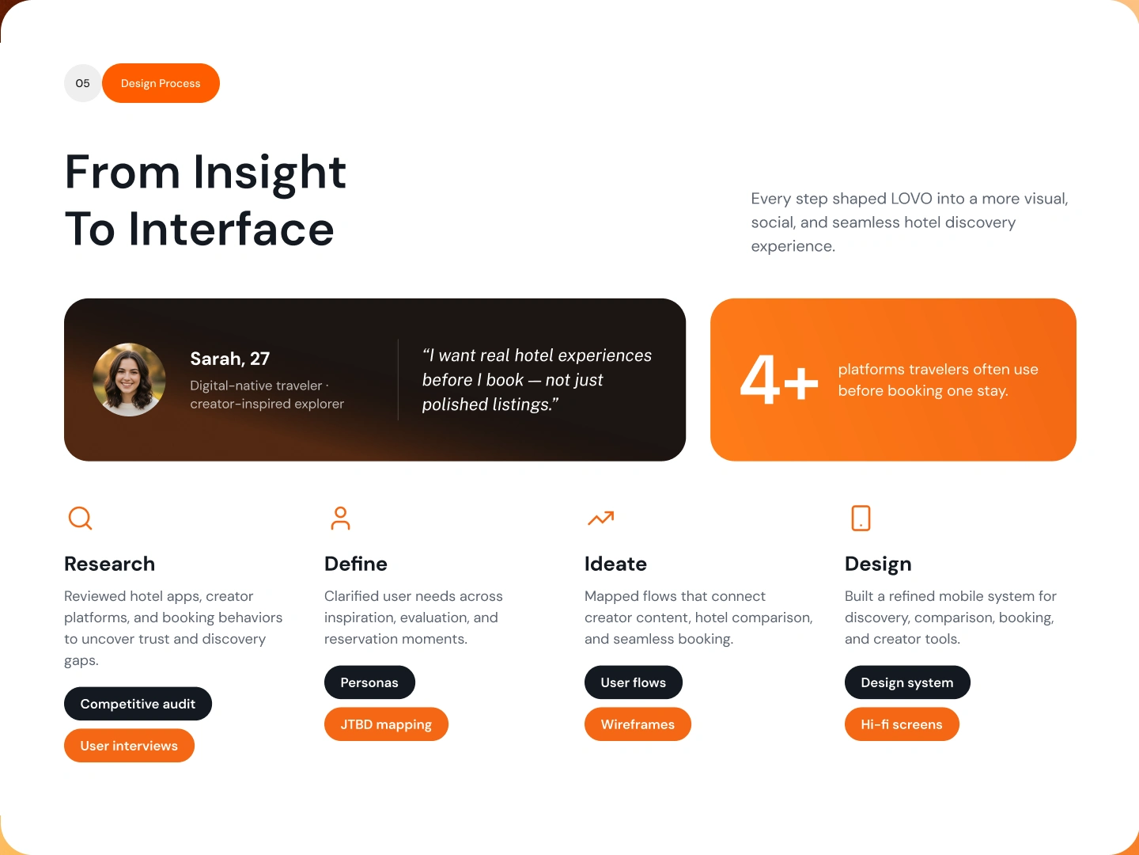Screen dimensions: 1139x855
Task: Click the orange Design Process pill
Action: pos(161,83)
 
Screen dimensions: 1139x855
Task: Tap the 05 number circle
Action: pos(82,83)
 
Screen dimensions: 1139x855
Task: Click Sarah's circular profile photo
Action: pos(129,379)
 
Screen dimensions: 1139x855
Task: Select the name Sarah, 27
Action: pos(230,359)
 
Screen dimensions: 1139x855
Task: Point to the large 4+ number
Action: pos(779,379)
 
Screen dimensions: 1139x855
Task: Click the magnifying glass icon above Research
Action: pos(81,518)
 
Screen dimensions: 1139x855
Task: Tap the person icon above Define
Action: pos(340,518)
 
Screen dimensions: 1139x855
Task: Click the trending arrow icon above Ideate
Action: pos(601,518)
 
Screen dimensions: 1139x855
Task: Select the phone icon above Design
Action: pos(861,518)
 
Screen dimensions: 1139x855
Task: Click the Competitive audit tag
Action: pos(138,704)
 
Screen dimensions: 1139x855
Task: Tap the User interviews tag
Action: pos(129,746)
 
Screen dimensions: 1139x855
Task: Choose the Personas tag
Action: pos(369,682)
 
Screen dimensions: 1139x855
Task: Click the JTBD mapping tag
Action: pos(386,724)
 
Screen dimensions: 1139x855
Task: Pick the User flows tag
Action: pos(634,682)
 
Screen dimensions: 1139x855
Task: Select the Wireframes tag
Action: pos(638,724)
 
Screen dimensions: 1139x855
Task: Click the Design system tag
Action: pos(907,682)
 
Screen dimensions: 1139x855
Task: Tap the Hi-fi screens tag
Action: pos(902,724)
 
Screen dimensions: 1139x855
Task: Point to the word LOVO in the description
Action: pos(911,198)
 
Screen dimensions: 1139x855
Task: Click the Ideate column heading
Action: pos(616,564)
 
